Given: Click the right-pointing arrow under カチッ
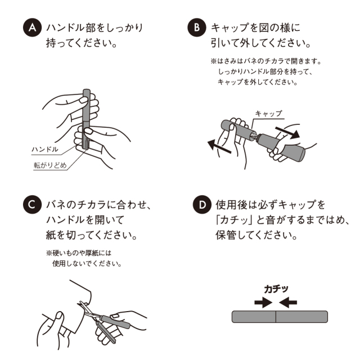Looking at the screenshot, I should (263, 303).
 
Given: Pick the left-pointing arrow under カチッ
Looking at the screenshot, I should (288, 303).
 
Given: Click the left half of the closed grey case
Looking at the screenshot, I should (254, 317).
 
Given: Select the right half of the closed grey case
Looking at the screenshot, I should (301, 317).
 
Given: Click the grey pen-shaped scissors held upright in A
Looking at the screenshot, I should (86, 118).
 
